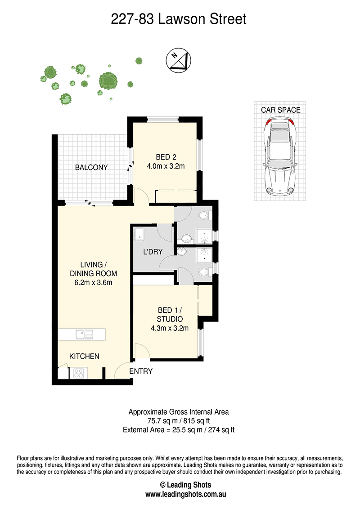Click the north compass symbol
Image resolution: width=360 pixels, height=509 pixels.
pyautogui.click(x=178, y=60)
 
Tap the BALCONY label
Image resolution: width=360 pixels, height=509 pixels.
pyautogui.click(x=91, y=168)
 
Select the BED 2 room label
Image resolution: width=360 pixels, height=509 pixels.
pyautogui.click(x=166, y=157)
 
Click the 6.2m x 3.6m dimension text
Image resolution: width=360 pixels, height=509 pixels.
pyautogui.click(x=93, y=282)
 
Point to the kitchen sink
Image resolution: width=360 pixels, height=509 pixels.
pyautogui.click(x=84, y=335)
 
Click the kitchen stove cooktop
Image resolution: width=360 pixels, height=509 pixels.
pyautogui.click(x=79, y=373)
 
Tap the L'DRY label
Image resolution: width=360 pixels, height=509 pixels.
pyautogui.click(x=153, y=252)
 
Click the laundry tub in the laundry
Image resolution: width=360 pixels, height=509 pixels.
pyautogui.click(x=139, y=234)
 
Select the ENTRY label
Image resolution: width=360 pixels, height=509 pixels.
pyautogui.click(x=141, y=371)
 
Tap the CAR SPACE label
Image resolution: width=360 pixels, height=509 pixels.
pyautogui.click(x=281, y=110)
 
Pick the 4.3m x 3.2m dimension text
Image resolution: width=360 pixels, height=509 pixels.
pyautogui.click(x=170, y=328)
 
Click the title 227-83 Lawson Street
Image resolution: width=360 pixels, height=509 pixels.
pyautogui.click(x=179, y=19)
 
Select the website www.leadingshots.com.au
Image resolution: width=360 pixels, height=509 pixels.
pyautogui.click(x=185, y=495)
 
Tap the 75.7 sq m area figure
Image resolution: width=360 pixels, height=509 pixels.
pyautogui.click(x=162, y=421)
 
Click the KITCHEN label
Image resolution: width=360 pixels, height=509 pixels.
pyautogui.click(x=84, y=357)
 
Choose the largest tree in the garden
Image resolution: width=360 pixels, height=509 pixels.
pyautogui.click(x=108, y=80)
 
